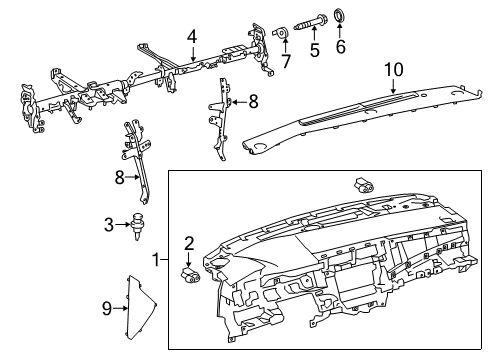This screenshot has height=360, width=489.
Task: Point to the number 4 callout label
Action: point(191,38)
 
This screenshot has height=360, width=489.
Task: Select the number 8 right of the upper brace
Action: point(254,100)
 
